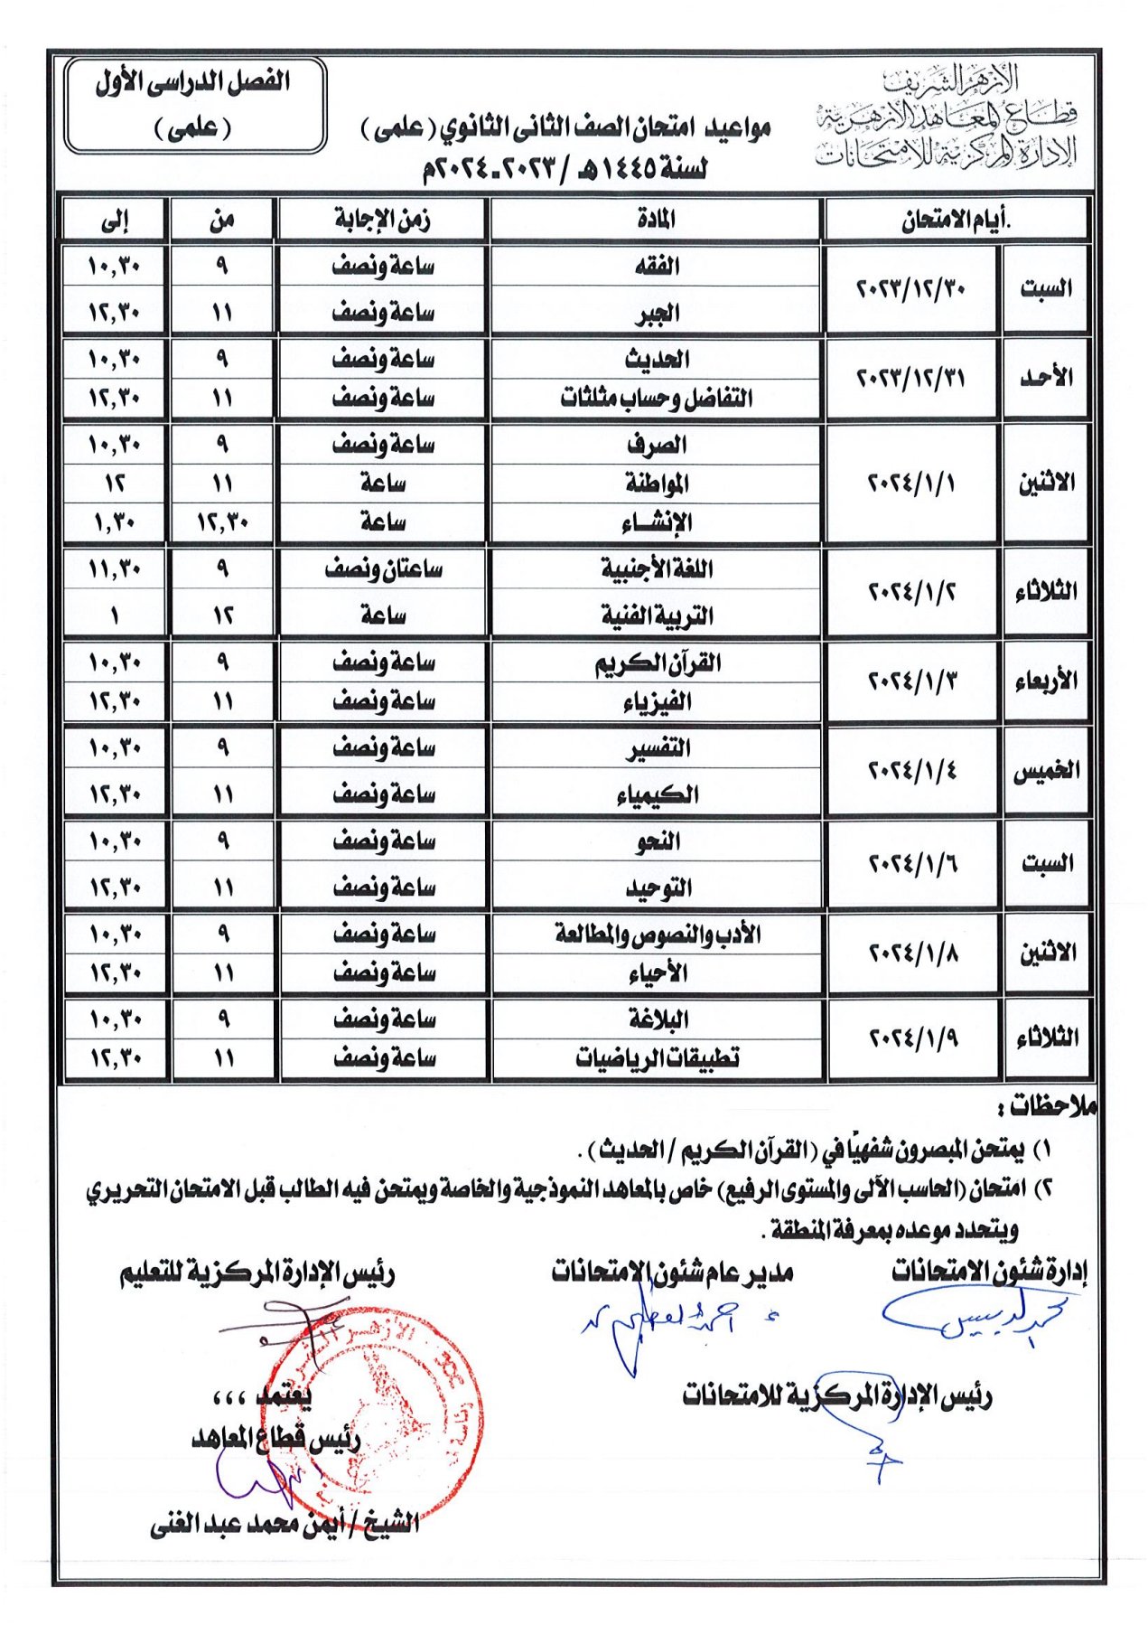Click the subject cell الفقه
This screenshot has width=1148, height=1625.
656,267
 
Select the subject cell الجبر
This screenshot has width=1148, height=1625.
656,313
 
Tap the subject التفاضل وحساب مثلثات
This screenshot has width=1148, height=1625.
656,398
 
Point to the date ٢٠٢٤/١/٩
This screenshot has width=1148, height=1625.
913,1038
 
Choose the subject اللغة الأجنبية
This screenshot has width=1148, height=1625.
657,569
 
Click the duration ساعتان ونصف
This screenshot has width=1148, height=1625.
383,569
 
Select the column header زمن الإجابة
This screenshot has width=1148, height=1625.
382,220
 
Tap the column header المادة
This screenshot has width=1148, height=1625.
656,220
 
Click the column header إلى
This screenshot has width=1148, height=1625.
115,220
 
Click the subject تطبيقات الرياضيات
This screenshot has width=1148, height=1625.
657,1057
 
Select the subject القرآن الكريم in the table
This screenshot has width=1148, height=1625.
657,663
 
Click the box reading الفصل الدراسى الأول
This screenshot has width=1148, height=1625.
194,105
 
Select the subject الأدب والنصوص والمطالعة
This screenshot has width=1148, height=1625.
657,934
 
